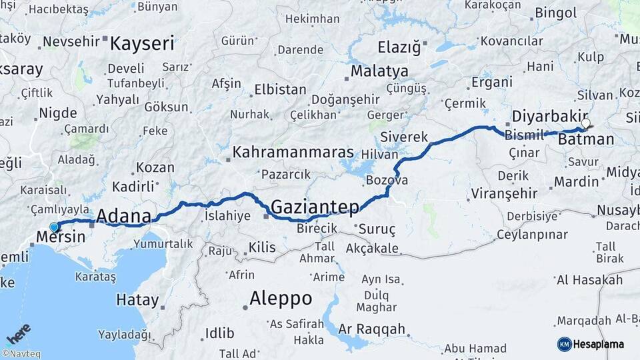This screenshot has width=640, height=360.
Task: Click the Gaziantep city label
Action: point(315,207)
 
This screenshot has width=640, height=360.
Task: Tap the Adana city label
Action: point(124,216)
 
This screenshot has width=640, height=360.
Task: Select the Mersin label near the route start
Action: point(61,237)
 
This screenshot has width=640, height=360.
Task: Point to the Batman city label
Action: point(586,139)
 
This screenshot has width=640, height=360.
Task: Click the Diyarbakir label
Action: point(550,116)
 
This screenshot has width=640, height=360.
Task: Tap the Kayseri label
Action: point(142,44)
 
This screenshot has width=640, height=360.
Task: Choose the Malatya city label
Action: point(379,71)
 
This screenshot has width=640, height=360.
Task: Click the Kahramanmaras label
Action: point(293,153)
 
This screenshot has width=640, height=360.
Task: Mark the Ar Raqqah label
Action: point(371,329)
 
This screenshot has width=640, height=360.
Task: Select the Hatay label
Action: point(138,300)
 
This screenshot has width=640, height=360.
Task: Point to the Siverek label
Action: point(404,137)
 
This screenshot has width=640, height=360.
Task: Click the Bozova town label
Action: point(387,180)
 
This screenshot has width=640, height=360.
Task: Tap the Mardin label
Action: point(576,181)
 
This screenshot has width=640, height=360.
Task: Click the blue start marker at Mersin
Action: point(54,227)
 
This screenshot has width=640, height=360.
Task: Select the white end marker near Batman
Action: point(585,123)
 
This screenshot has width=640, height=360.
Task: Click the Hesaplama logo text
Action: point(599,344)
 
